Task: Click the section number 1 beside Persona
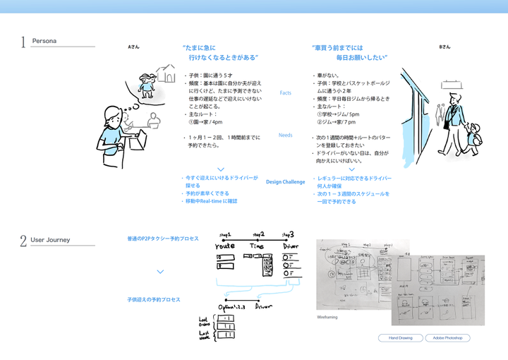coord(23,42)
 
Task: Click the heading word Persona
coord(44,41)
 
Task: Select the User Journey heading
coord(51,240)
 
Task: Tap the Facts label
coord(285,93)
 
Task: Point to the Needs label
coord(285,135)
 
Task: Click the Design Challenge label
coord(285,182)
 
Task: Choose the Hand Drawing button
coord(400,338)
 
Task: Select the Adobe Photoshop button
coord(447,338)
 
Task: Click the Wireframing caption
coord(327,318)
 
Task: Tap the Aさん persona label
coord(133,47)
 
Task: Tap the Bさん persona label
coord(445,47)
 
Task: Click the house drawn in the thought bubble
coord(167,73)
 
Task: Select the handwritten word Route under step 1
coord(226,247)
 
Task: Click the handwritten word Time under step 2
coord(258,246)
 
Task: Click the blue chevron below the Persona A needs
coord(221,169)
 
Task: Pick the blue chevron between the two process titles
coord(160,271)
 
